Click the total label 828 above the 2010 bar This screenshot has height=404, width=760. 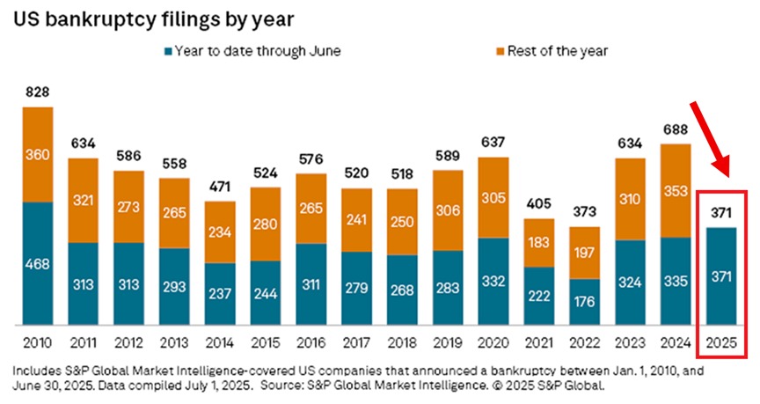click(x=37, y=92)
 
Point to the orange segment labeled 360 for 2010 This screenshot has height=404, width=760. click(x=37, y=155)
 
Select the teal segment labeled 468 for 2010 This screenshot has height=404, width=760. click(x=37, y=264)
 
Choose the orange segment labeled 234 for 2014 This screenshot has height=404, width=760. click(x=220, y=232)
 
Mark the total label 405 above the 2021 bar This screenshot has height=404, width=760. click(x=540, y=204)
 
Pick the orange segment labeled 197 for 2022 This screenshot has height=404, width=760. click(x=586, y=253)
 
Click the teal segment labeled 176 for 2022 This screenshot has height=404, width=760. click(x=586, y=302)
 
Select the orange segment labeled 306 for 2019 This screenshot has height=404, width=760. click(x=449, y=210)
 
